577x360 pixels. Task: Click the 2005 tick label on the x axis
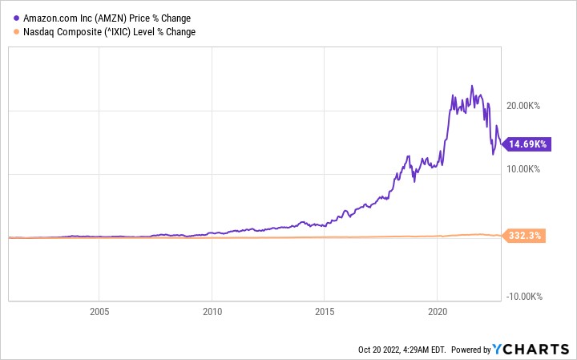[99, 312]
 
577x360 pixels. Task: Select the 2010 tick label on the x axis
[212, 312]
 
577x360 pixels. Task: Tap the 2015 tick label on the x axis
[325, 312]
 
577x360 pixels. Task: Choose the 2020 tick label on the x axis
[438, 312]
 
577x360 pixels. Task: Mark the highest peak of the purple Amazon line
[472, 86]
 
